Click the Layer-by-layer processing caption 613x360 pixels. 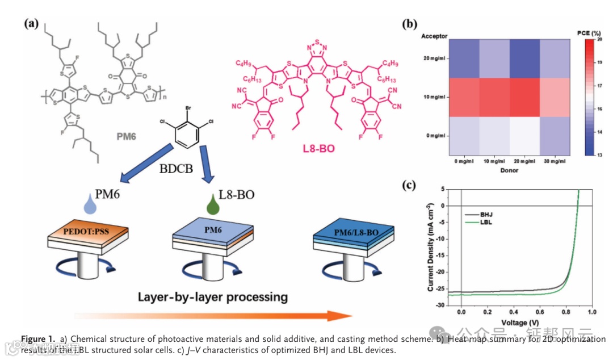tap(212, 297)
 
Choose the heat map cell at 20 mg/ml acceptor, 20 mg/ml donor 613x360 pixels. tap(520, 59)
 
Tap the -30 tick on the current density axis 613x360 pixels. tap(439, 305)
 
